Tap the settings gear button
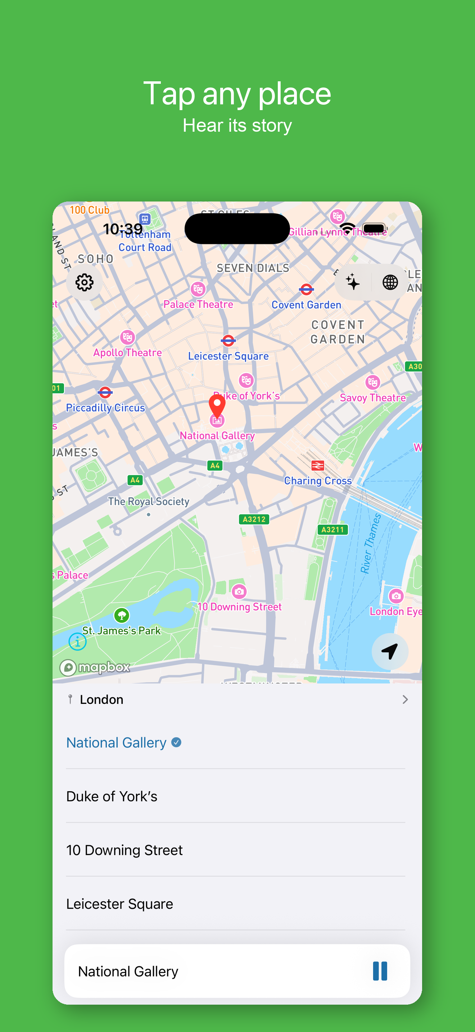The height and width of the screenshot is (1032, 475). (x=85, y=282)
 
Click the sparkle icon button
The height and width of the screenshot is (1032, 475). (x=353, y=282)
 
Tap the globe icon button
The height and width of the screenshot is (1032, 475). (x=390, y=282)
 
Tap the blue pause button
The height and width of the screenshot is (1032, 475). (x=380, y=971)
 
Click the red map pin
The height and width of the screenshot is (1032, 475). (x=217, y=405)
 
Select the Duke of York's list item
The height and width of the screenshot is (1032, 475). (x=112, y=796)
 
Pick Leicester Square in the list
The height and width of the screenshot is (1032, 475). (x=119, y=904)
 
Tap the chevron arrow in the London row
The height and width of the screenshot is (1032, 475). (x=405, y=700)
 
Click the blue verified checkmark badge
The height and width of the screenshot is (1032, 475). (x=176, y=742)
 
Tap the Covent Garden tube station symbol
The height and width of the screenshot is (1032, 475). (x=306, y=289)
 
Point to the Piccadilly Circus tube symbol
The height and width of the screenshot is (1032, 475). (x=105, y=392)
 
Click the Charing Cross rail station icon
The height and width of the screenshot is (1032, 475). (x=318, y=466)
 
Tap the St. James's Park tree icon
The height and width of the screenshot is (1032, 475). (x=122, y=615)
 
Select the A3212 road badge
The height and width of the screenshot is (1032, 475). (x=254, y=519)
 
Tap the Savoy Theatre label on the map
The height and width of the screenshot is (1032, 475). (x=372, y=398)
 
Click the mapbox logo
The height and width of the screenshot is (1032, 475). (x=95, y=667)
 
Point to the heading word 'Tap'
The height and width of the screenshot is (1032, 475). (x=169, y=94)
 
